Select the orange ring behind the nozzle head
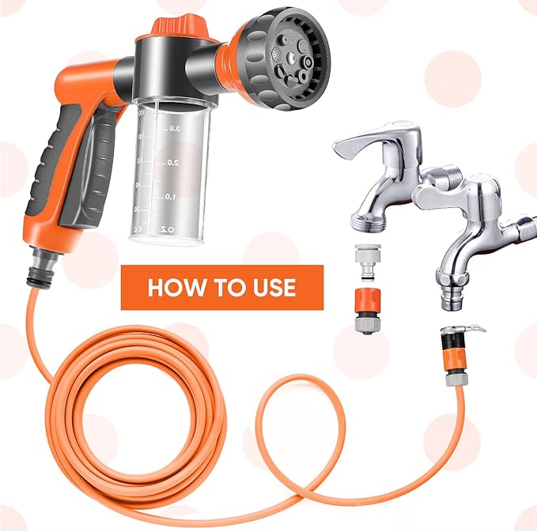tap(235, 57)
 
